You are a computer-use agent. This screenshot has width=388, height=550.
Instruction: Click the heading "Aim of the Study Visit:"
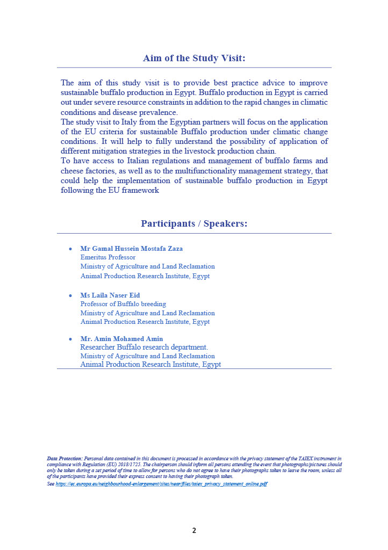pos(194,58)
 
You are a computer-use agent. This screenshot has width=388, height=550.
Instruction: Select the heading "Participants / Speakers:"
pos(194,223)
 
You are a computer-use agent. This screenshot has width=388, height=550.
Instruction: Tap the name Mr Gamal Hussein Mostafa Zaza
pos(131,249)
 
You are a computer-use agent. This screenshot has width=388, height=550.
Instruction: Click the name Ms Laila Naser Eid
pos(110,295)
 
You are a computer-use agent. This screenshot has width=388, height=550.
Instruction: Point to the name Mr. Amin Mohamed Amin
pos(121,339)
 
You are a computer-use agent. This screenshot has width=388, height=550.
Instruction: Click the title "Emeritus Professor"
pos(108,257)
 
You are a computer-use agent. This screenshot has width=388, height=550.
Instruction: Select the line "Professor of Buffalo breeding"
pos(123,304)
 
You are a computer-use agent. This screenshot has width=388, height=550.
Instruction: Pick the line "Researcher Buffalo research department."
pos(143,347)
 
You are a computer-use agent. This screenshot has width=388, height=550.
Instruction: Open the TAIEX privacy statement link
pos(161,484)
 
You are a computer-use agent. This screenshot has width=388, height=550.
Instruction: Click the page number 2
pos(194,531)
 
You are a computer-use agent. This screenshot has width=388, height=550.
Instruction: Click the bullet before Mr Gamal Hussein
pos(70,249)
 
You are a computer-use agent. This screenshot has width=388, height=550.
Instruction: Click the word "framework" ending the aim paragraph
pos(141,190)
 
